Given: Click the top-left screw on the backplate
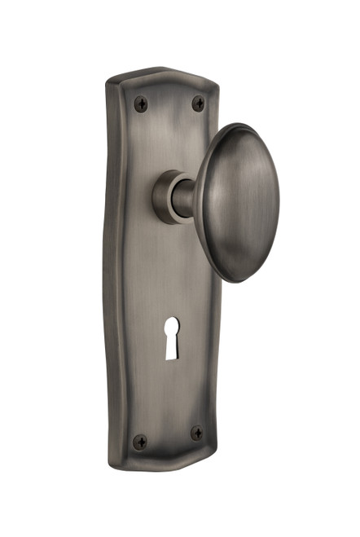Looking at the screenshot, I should pos(141,103).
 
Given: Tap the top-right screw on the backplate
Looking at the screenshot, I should pos(198,103).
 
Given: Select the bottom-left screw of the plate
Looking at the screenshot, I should pos(141,442).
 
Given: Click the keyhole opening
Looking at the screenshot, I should pos(172,337).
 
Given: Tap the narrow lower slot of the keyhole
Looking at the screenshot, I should pos(172,348).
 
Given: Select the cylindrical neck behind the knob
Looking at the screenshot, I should pos(184,197).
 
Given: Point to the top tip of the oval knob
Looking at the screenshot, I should pos(231,125).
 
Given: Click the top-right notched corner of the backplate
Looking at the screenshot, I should pos(213,81).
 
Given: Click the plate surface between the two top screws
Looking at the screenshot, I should pos(169,103).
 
